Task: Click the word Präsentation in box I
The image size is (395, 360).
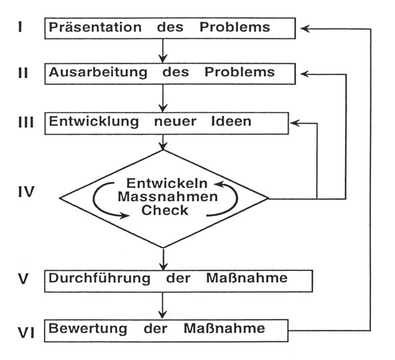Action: tap(95, 27)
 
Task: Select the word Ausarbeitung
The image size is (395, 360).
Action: tap(98, 72)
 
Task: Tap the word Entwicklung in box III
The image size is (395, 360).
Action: tap(94, 122)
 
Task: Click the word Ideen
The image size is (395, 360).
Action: tap(231, 122)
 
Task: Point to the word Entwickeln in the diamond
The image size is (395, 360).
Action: tap(167, 183)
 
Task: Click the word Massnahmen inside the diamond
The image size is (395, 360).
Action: tap(168, 197)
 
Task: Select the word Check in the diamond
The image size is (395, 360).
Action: tap(165, 211)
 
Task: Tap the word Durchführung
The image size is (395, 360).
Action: tap(100, 279)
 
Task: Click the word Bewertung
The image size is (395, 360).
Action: tap(88, 329)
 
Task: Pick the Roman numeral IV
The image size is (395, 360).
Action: tap(26, 192)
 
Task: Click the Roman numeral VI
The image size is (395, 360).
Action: tap(26, 333)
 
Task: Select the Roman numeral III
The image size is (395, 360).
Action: tap(26, 122)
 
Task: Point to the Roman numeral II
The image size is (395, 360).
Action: tap(23, 73)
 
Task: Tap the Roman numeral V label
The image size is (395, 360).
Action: tap(23, 279)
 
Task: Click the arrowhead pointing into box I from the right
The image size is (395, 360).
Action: tap(305, 29)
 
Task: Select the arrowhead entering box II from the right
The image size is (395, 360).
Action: tap(305, 74)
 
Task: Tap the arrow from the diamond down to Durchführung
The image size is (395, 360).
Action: tap(163, 259)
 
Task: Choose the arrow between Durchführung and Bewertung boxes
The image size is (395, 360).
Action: tap(162, 306)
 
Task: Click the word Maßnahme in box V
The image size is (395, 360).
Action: tap(247, 278)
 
